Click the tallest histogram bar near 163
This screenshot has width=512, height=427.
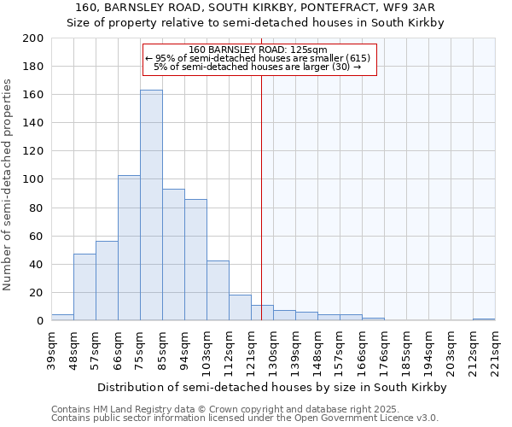tap(151, 205)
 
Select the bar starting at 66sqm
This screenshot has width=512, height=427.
tap(129, 248)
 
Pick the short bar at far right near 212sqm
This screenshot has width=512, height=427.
tap(484, 319)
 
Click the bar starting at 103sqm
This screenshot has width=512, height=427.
tap(218, 290)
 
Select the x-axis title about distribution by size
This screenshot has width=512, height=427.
tap(271, 387)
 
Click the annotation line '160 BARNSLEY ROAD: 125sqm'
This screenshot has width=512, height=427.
tap(259, 50)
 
